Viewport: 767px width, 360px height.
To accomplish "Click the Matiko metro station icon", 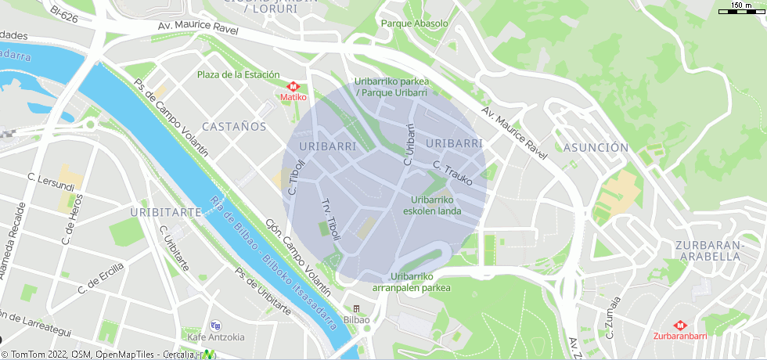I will tap(294, 87).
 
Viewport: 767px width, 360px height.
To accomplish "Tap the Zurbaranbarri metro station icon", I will tap(679, 325).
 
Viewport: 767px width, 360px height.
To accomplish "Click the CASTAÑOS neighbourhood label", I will tap(234, 126).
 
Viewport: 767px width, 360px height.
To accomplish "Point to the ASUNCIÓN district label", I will tap(596, 147).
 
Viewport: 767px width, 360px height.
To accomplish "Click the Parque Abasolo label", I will tap(414, 23).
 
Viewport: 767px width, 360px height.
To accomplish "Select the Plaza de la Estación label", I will tap(238, 74).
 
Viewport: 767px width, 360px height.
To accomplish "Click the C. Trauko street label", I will tap(453, 172).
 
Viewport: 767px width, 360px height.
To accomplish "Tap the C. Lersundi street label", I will tap(51, 182).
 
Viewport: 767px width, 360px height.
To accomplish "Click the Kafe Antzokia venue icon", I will tap(216, 326).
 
